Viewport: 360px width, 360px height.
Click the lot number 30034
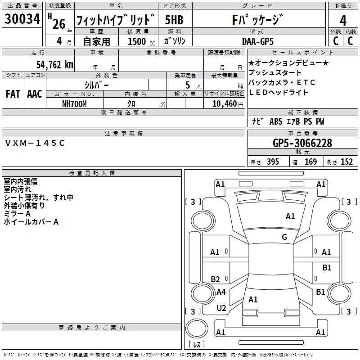[22, 19]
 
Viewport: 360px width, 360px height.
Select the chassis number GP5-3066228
[302, 144]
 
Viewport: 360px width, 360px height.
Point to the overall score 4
[343, 20]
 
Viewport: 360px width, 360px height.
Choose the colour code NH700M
[74, 103]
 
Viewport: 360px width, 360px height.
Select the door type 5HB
[174, 20]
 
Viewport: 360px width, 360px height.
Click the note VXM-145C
[35, 143]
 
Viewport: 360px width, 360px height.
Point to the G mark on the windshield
[284, 237]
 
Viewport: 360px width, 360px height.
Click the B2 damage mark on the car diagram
[216, 279]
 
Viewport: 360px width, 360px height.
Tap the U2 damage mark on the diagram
[221, 308]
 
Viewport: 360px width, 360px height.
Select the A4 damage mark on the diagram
[221, 292]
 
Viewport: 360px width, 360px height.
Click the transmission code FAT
[13, 94]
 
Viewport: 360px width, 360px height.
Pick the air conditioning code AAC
[35, 94]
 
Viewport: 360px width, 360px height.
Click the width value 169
[310, 162]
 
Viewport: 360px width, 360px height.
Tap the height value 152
[346, 162]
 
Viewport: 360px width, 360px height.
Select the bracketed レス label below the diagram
[197, 345]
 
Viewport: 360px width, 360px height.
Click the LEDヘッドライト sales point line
[279, 92]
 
